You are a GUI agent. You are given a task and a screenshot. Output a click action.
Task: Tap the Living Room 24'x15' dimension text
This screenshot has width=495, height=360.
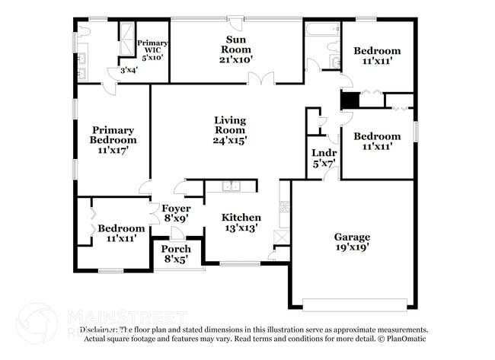[229, 140]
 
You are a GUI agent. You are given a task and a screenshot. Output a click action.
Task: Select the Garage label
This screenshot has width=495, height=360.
[351, 237]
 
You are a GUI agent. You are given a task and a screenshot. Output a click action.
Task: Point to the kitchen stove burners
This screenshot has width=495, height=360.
[285, 205]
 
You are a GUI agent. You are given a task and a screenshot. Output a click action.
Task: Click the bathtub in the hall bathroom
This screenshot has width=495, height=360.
[322, 30]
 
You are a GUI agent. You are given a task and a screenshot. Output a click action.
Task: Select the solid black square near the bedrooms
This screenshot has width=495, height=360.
[349, 100]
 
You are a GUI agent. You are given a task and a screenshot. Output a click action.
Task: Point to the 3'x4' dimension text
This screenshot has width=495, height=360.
[118, 72]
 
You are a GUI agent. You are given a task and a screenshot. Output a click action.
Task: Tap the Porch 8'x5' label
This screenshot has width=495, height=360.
[176, 254]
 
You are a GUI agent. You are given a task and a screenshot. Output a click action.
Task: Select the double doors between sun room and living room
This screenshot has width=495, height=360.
[264, 79]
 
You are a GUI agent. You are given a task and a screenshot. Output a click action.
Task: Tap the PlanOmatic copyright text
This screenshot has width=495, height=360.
[402, 339]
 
